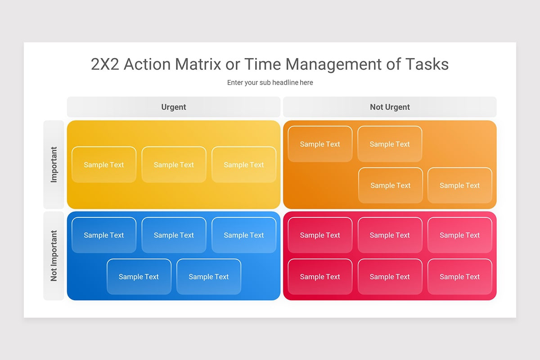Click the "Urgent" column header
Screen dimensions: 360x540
174,107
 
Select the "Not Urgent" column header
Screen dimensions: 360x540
390,107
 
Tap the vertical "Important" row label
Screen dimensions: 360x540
54,164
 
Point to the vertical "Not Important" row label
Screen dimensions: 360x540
54,256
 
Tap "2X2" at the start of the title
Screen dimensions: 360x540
105,64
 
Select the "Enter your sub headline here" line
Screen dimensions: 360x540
270,82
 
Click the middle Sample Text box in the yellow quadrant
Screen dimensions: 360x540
174,165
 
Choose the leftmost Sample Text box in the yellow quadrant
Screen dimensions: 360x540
104,165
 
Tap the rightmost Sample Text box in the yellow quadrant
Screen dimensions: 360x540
244,165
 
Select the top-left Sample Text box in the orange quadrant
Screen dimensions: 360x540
320,144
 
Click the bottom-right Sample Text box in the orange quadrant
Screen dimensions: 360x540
460,185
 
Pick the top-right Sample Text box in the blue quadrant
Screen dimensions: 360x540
244,235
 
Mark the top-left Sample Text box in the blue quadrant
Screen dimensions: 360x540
104,235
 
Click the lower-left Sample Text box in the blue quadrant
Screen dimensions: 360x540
139,277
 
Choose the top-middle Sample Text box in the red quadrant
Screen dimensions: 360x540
390,235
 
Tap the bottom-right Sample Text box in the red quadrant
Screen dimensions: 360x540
460,277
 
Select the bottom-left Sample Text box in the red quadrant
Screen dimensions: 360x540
320,277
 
